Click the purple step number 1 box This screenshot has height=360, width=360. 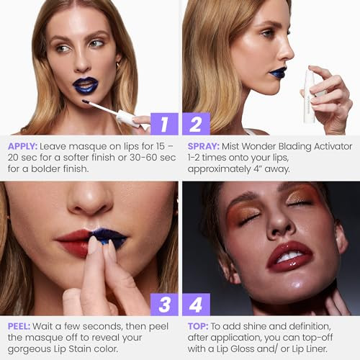165,124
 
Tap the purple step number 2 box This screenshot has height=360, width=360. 196,124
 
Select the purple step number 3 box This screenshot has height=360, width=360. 165,305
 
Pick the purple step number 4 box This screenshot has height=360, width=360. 196,305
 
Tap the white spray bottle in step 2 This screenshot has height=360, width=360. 310,94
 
